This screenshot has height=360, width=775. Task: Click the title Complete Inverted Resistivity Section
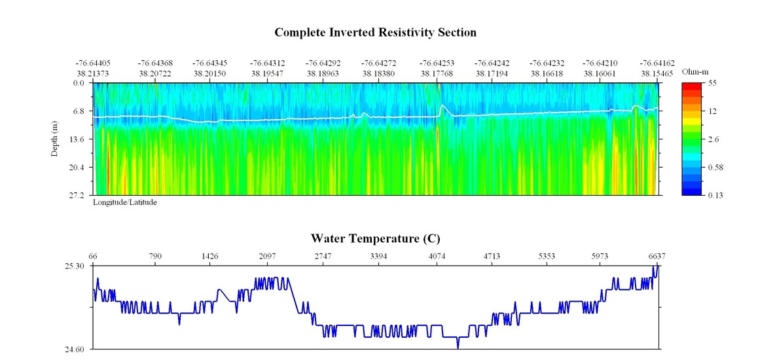pyautogui.click(x=375, y=32)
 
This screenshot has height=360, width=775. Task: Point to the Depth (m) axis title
pyautogui.click(x=55, y=138)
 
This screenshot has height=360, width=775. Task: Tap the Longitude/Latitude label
pyautogui.click(x=124, y=202)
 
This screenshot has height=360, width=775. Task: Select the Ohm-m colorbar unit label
pyautogui.click(x=695, y=71)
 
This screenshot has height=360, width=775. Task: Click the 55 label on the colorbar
pyautogui.click(x=713, y=83)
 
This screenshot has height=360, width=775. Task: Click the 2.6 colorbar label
pyautogui.click(x=714, y=139)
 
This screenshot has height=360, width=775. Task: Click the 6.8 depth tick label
pyautogui.click(x=79, y=111)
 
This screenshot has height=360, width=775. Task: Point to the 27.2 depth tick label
pyautogui.click(x=78, y=195)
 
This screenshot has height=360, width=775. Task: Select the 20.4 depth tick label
pyautogui.click(x=78, y=168)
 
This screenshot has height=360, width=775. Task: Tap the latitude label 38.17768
pyautogui.click(x=437, y=73)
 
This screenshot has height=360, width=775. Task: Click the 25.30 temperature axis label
pyautogui.click(x=75, y=266)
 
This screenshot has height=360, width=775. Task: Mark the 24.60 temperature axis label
pyautogui.click(x=75, y=350)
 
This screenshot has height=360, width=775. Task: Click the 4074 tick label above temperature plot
pyautogui.click(x=437, y=256)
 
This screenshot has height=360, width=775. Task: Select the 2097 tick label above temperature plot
pyautogui.click(x=267, y=256)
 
